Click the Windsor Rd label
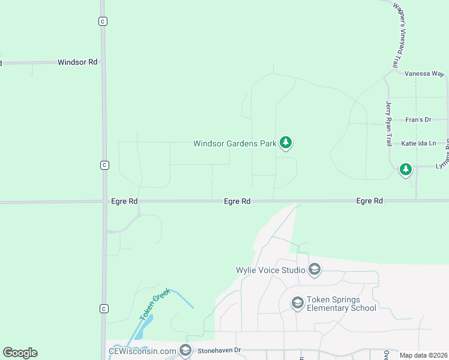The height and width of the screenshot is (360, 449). (77, 62)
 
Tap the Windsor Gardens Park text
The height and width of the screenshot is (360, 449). (235, 143)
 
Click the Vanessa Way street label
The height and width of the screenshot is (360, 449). (424, 73)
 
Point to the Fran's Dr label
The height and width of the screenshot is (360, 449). (418, 120)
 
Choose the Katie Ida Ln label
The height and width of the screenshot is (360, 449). (418, 144)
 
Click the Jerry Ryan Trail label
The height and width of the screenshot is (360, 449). (388, 124)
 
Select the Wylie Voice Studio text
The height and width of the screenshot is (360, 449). (271, 270)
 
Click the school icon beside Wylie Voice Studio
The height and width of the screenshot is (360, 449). (315, 270)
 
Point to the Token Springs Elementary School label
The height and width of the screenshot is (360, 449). (341, 304)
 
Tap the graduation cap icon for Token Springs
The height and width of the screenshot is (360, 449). (297, 304)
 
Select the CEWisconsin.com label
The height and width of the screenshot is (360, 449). (142, 350)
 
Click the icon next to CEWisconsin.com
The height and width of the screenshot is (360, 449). (185, 350)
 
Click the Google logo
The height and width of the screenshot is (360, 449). (20, 353)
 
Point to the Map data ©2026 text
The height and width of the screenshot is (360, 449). (423, 355)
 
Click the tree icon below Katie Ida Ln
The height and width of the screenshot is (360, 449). (406, 170)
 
